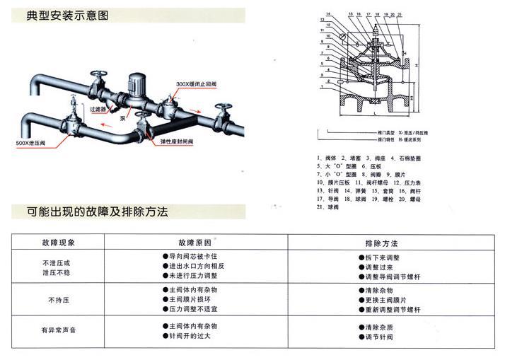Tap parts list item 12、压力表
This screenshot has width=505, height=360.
coord(411,182)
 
